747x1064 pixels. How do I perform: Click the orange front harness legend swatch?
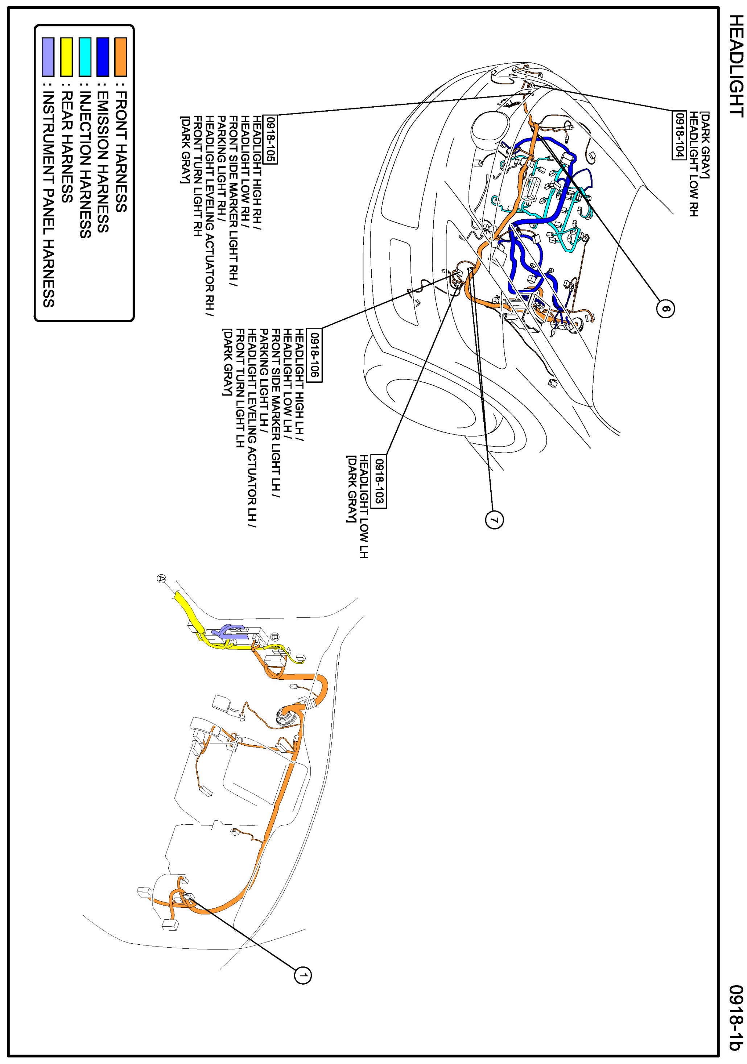point(121,57)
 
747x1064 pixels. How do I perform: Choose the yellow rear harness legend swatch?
point(66,57)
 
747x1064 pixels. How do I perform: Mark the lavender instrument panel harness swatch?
point(48,57)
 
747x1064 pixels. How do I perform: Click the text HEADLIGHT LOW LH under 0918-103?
point(365,506)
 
